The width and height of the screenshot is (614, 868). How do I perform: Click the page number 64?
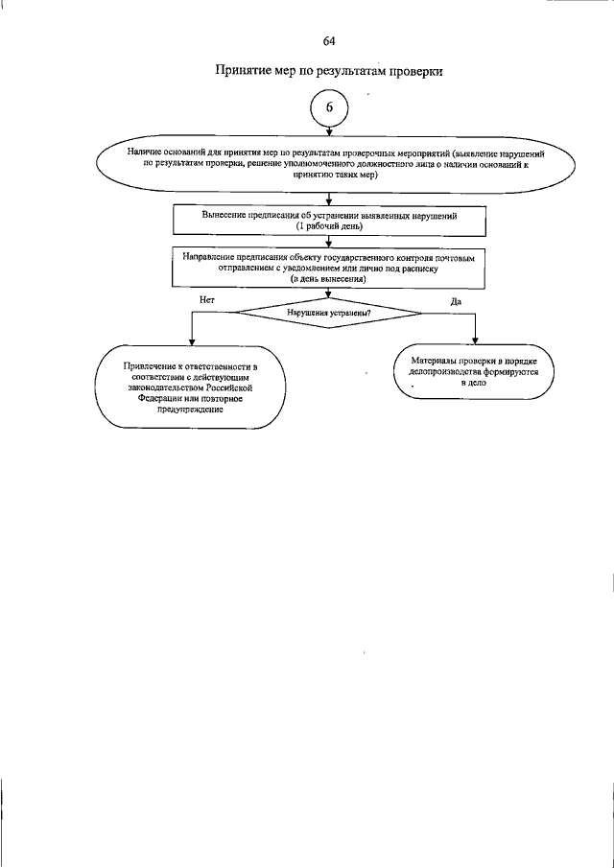point(329,41)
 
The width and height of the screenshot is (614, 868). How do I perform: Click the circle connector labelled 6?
point(329,108)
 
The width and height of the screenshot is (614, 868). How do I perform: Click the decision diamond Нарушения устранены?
point(329,313)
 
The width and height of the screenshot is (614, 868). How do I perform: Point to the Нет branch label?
point(206,299)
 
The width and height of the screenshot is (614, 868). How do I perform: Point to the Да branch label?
point(456,301)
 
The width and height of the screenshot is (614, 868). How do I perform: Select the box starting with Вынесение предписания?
point(329,222)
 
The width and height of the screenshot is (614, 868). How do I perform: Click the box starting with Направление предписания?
point(329,269)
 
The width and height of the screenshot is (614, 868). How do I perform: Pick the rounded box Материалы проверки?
point(474,371)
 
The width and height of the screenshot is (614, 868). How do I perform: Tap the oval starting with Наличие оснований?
point(329,165)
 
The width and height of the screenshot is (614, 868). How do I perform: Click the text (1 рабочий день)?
point(329,227)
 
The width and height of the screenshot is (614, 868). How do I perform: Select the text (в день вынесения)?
point(329,279)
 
